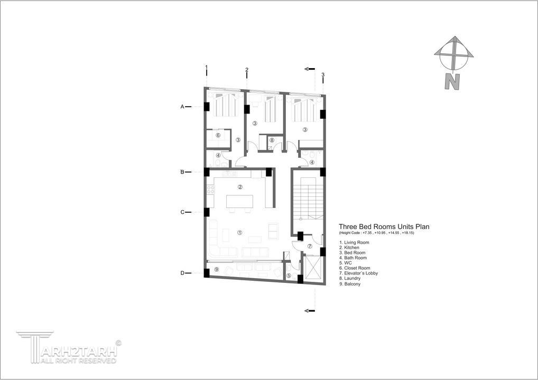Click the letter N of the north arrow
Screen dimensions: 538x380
tap(452, 82)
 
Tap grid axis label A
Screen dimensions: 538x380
tap(182, 107)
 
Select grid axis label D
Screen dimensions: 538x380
tap(182, 273)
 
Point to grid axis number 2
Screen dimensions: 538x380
tap(247, 70)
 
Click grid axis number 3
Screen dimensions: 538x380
tap(323, 75)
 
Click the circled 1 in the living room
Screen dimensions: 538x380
tap(240, 232)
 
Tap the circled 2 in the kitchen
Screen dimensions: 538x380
tap(240, 187)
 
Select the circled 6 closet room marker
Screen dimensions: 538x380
tap(218, 135)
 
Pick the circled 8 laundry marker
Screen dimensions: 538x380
tap(272, 140)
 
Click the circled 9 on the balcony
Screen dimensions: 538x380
tap(216, 269)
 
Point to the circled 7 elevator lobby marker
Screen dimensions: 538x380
tap(310, 246)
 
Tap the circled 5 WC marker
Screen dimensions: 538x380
tap(289, 275)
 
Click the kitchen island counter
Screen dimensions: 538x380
tap(239, 201)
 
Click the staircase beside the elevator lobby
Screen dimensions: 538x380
tap(308, 199)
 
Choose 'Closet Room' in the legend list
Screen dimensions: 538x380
tap(355, 268)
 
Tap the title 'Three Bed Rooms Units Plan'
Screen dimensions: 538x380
tap(384, 226)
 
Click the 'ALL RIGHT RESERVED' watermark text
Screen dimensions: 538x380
tap(79, 361)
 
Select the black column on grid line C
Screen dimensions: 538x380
tap(207, 212)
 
